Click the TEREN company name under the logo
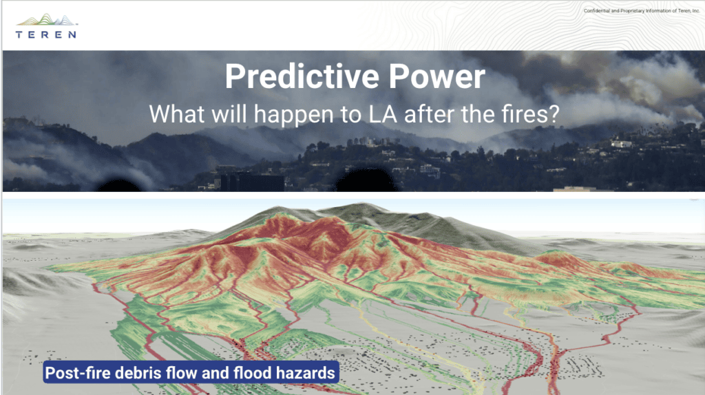coord(46,34)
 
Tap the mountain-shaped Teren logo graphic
coord(47,20)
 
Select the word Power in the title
coord(437,76)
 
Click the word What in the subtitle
coord(177,114)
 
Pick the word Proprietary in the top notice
coord(632,11)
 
